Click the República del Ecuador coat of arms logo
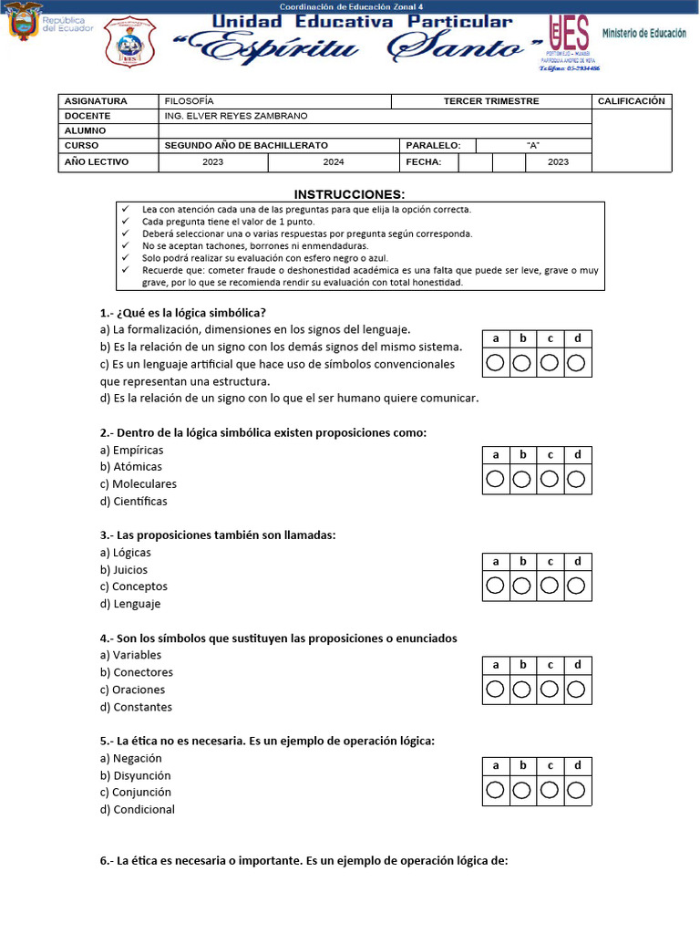click(x=25, y=22)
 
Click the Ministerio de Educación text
click(x=643, y=33)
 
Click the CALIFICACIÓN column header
click(x=631, y=101)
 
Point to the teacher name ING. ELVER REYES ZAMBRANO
click(x=236, y=116)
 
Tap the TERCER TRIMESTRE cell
click(x=490, y=101)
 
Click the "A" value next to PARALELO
click(x=533, y=146)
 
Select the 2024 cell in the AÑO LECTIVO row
click(x=334, y=162)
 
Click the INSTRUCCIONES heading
click(x=349, y=194)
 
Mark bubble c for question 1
click(x=550, y=364)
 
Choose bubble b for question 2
click(x=522, y=480)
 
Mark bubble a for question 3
click(x=495, y=586)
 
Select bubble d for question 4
click(x=577, y=689)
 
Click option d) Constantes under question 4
click(x=136, y=707)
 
